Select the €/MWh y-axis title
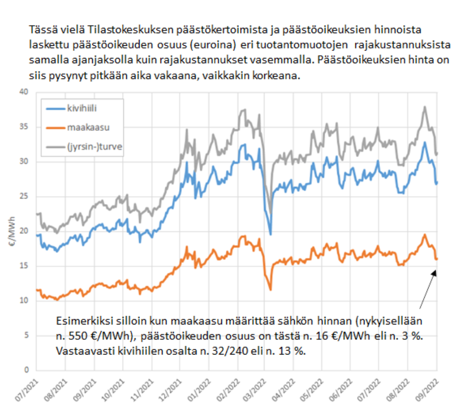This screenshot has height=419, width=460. click(x=13, y=231)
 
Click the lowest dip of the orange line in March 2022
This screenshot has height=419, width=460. click(x=270, y=290)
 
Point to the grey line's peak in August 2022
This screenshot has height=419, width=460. click(x=424, y=106)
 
